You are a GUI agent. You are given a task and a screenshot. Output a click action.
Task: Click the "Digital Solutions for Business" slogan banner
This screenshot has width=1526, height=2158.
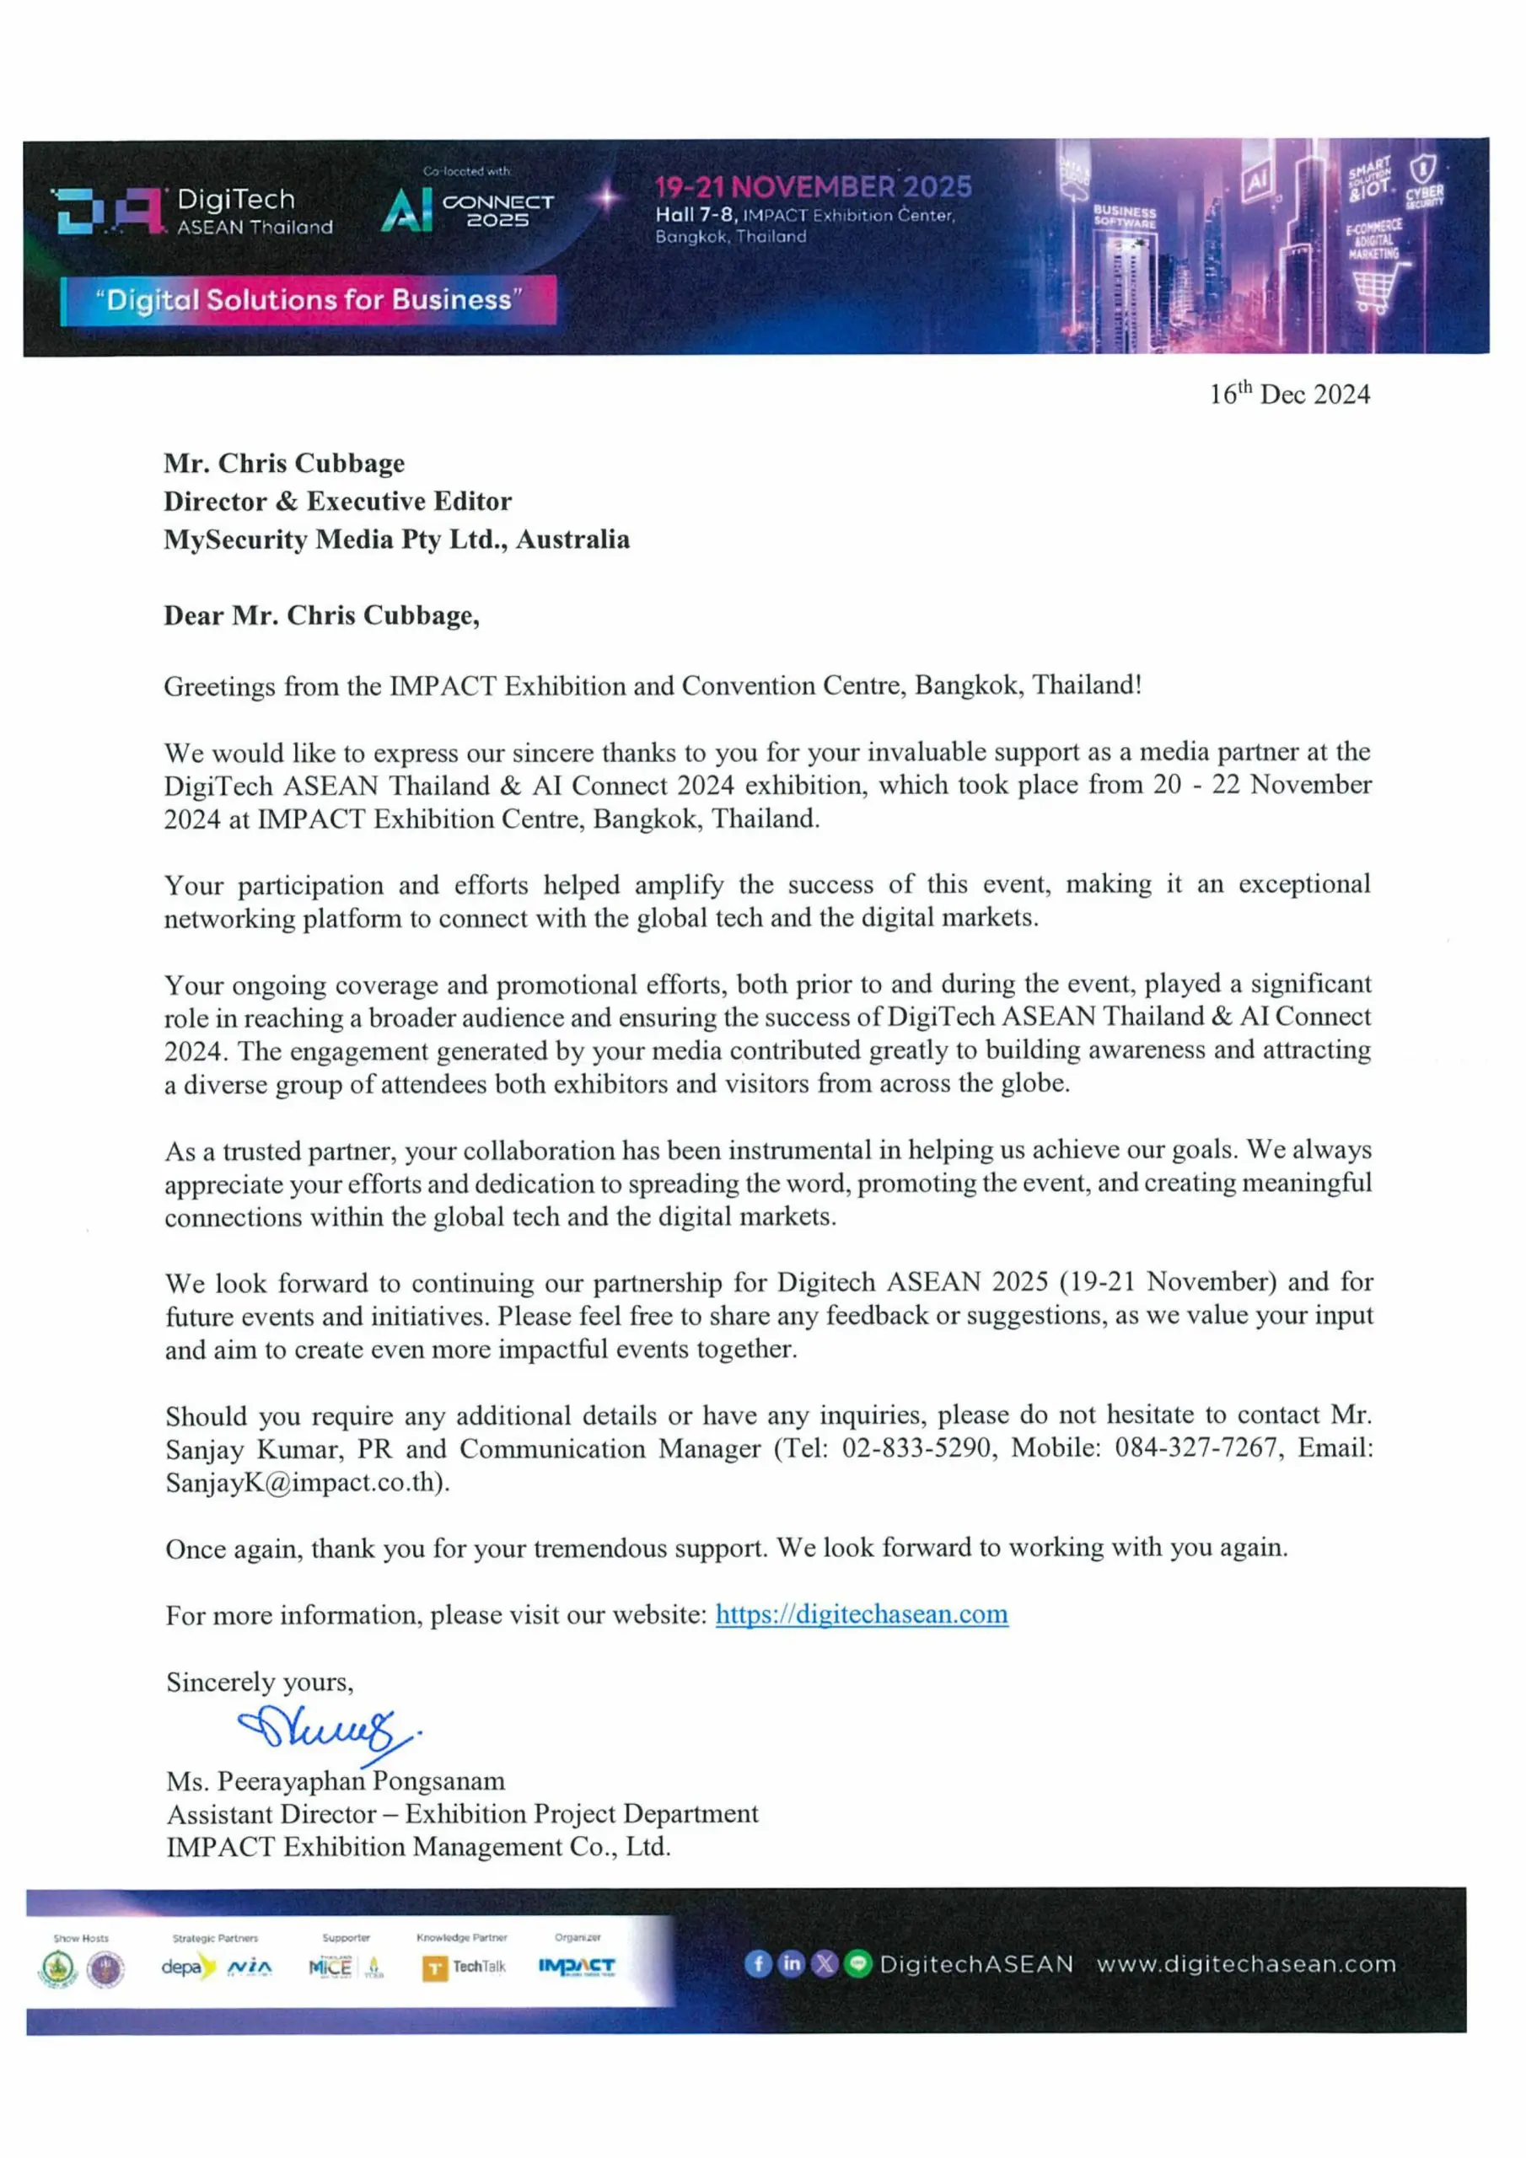[308, 300]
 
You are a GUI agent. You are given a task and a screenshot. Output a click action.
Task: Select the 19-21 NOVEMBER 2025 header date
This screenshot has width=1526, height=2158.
[814, 187]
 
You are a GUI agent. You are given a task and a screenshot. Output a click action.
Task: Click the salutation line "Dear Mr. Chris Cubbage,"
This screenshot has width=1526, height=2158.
[321, 615]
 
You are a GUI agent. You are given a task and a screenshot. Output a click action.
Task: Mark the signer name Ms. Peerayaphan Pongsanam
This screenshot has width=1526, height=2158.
[336, 1781]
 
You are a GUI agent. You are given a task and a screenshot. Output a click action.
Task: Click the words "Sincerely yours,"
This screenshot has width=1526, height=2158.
[260, 1682]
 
